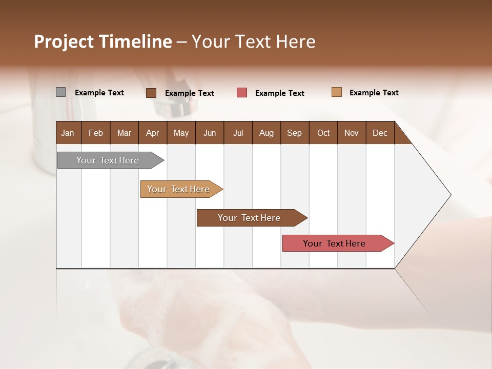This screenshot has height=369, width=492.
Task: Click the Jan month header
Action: pos(68,133)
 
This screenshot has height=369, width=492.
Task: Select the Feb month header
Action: pos(96,133)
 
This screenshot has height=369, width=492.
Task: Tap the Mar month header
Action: pos(124,133)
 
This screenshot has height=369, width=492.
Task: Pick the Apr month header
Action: pos(152,133)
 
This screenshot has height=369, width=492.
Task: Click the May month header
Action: pos(181,133)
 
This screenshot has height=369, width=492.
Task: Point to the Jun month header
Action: pos(210,133)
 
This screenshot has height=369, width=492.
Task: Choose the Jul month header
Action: pos(238,133)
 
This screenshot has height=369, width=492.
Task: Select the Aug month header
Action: pos(266,133)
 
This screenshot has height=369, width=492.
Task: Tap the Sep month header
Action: pos(294,133)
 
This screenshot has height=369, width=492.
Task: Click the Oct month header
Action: pos(323,133)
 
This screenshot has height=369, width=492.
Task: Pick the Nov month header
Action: pos(351,133)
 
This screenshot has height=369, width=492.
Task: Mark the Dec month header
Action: pos(380,133)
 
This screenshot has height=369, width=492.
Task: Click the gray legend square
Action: pos(60,92)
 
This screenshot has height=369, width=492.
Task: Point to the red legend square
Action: pos(242,93)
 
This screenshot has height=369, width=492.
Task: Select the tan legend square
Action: pos(336,92)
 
